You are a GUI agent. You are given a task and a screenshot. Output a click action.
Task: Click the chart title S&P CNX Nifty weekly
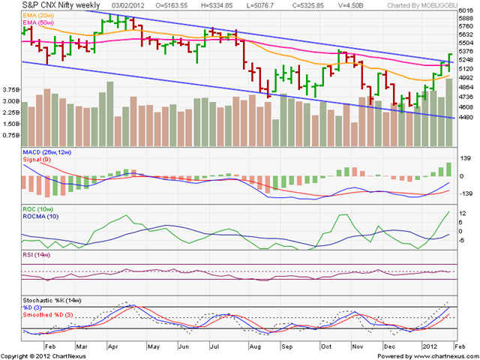pyautogui.click(x=61, y=5)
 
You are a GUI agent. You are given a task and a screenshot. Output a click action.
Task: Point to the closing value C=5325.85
pyautogui.click(x=306, y=5)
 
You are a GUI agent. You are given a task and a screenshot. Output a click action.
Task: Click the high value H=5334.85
pyautogui.click(x=217, y=5)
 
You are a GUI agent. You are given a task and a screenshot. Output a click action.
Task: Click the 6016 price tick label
pyautogui.click(x=466, y=10)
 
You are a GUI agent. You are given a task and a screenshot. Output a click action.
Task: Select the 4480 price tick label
pyautogui.click(x=466, y=117)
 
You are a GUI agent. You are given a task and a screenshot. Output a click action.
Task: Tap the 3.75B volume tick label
pyautogui.click(x=11, y=90)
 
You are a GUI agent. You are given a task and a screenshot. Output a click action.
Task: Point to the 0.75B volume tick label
pyautogui.click(x=11, y=135)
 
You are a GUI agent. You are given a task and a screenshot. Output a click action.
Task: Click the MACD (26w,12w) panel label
pyautogui.click(x=46, y=152)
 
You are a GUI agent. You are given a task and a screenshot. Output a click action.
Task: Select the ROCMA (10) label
pyautogui.click(x=40, y=217)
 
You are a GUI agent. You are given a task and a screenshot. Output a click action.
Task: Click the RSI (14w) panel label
pyautogui.click(x=37, y=255)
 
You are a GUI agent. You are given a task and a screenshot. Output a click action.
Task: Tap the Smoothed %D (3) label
pyautogui.click(x=48, y=315)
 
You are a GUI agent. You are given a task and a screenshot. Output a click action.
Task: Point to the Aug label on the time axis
pyautogui.click(x=256, y=346)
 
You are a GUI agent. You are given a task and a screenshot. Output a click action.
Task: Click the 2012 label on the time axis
pyautogui.click(x=430, y=346)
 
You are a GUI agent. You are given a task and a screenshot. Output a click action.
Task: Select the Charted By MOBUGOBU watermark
pyautogui.click(x=422, y=5)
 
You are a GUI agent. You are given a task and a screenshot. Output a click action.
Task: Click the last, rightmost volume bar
pyautogui.click(x=449, y=112)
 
